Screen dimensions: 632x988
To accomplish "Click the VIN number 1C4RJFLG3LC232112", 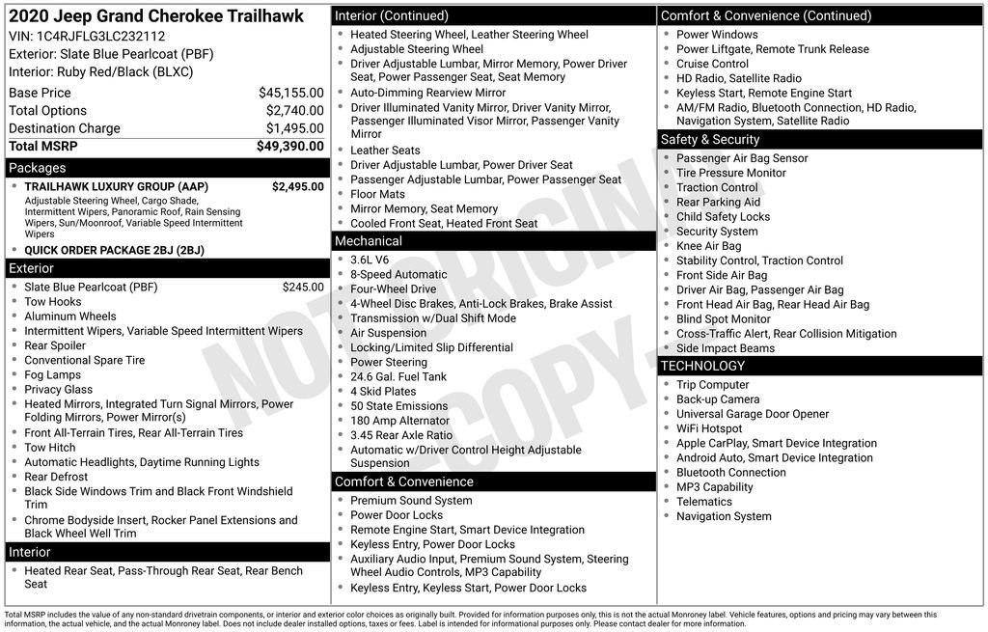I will [100, 37].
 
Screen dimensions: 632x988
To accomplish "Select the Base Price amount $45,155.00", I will [290, 93].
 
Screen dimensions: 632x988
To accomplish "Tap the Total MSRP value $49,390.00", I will [289, 146].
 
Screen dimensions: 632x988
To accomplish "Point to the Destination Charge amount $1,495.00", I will [294, 128].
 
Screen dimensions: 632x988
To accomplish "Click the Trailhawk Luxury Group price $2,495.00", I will [297, 186].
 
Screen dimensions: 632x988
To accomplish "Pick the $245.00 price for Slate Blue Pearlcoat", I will [303, 287].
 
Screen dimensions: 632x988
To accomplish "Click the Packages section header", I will [38, 168].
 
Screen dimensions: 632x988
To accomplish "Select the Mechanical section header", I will [369, 241].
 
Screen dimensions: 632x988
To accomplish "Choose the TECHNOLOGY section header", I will [702, 366].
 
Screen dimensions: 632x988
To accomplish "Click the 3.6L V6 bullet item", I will [370, 260].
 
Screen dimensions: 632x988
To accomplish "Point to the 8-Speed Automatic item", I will [398, 274].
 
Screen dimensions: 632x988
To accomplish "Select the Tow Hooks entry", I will [53, 302].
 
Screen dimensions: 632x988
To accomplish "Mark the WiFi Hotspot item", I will [709, 428].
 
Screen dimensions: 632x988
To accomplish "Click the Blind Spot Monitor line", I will [724, 318].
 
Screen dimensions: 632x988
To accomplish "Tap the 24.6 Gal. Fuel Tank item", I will [398, 377].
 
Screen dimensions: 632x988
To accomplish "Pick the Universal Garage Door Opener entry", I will [753, 414].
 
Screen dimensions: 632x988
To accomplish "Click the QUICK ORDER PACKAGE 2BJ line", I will [114, 250].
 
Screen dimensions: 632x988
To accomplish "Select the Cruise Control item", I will [712, 64].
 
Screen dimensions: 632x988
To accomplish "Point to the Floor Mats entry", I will [377, 194].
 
